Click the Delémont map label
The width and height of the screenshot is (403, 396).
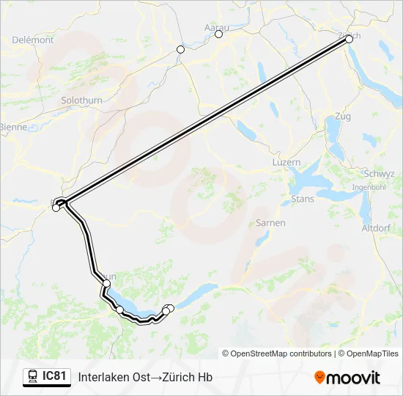coord(32,40)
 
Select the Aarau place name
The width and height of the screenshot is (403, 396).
coord(216,28)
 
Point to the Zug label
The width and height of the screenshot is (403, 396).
coord(342,117)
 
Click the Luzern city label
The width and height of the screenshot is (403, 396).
coord(286,162)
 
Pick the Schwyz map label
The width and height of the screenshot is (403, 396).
coord(379,174)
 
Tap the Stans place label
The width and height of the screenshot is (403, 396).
coord(303,199)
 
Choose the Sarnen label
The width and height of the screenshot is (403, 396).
coord(270,222)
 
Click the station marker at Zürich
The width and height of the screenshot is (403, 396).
coord(349,40)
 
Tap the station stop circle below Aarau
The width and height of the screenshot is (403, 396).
coord(218,34)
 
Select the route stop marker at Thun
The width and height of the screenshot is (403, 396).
coord(107,283)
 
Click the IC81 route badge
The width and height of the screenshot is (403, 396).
coord(48,376)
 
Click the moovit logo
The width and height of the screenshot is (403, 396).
coord(347,378)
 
